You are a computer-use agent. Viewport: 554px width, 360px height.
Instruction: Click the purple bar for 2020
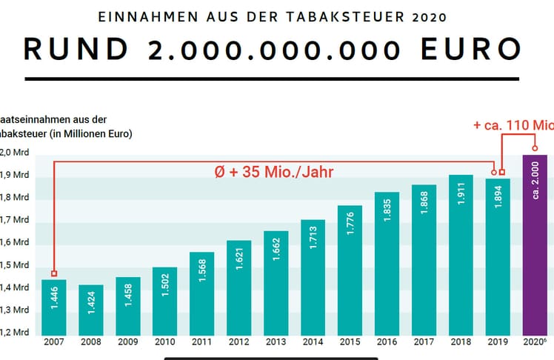pos(535,244)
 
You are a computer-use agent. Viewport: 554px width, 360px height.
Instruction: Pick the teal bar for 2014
pos(313,277)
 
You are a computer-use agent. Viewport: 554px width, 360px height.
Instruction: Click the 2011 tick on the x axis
pos(201,343)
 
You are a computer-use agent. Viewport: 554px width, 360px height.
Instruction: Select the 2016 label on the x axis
pos(387,343)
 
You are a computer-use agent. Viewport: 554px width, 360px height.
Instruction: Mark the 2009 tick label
pos(127,343)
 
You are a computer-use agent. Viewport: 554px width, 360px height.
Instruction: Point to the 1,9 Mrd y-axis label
pos(14,176)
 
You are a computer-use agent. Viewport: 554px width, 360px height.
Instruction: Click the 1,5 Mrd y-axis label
pos(14,264)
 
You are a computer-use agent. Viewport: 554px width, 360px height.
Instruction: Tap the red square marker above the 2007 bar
pos(53,273)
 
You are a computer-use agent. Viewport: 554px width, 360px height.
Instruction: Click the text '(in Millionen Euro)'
pos(87,134)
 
